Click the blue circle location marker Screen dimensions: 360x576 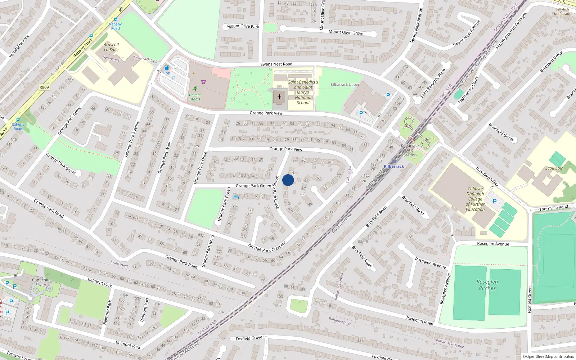[288, 180]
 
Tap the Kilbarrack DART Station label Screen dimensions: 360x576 [410, 150]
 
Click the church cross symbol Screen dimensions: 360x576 [279, 97]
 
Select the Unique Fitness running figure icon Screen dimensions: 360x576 [195, 89]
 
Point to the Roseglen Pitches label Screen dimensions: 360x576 [487, 285]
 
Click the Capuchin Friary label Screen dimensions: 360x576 [41, 282]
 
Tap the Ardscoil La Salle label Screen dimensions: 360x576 [111, 47]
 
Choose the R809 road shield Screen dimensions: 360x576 [44, 87]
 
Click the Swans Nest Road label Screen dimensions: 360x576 [276, 64]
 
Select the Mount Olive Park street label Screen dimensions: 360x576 [243, 26]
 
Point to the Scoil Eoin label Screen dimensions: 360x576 [554, 168]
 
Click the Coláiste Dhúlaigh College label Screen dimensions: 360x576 [475, 199]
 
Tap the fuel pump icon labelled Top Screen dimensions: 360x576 [167, 68]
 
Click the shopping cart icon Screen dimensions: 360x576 [204, 82]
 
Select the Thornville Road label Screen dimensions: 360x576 [553, 208]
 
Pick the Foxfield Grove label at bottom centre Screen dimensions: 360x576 [249, 338]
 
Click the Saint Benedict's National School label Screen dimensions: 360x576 [303, 93]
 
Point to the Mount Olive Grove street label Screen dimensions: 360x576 [346, 32]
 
